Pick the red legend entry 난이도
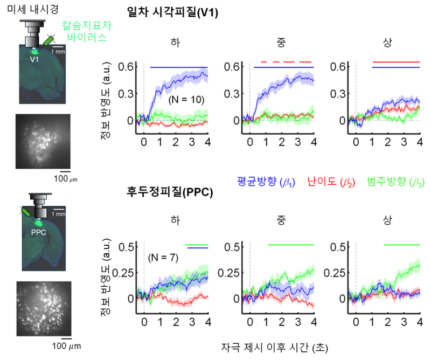click(x=326, y=181)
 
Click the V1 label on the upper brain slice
click(x=34, y=58)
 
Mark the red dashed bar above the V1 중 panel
click(x=286, y=62)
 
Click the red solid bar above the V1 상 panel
click(x=396, y=62)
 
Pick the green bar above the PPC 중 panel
click(x=290, y=245)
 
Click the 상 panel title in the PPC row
click(x=387, y=219)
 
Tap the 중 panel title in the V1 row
click(x=281, y=42)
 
